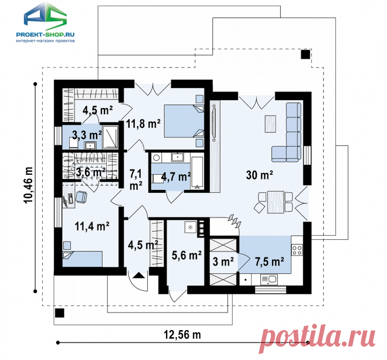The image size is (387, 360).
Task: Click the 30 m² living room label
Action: (259, 175)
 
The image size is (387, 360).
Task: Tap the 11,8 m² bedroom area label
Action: (143, 123)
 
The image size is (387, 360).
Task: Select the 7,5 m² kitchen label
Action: (269, 261)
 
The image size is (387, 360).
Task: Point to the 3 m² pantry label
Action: (223, 261)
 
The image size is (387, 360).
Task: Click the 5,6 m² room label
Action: (186, 256)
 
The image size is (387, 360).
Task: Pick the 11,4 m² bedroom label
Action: (92, 226)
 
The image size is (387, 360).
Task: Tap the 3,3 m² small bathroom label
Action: (87, 135)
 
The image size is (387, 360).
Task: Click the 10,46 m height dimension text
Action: (28, 185)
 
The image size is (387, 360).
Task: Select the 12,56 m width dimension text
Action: (182, 335)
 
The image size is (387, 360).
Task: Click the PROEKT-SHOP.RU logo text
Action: (45, 35)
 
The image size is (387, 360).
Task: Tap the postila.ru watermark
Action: (318, 338)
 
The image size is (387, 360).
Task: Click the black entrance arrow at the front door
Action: (138, 275)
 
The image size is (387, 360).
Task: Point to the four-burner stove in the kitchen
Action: (297, 249)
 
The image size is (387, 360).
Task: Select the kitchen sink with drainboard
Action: (269, 280)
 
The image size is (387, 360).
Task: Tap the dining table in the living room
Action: (276, 202)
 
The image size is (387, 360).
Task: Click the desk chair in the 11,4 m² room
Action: (81, 197)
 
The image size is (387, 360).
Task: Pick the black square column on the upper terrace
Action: (305, 54)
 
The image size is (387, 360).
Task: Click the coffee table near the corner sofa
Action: (270, 124)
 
